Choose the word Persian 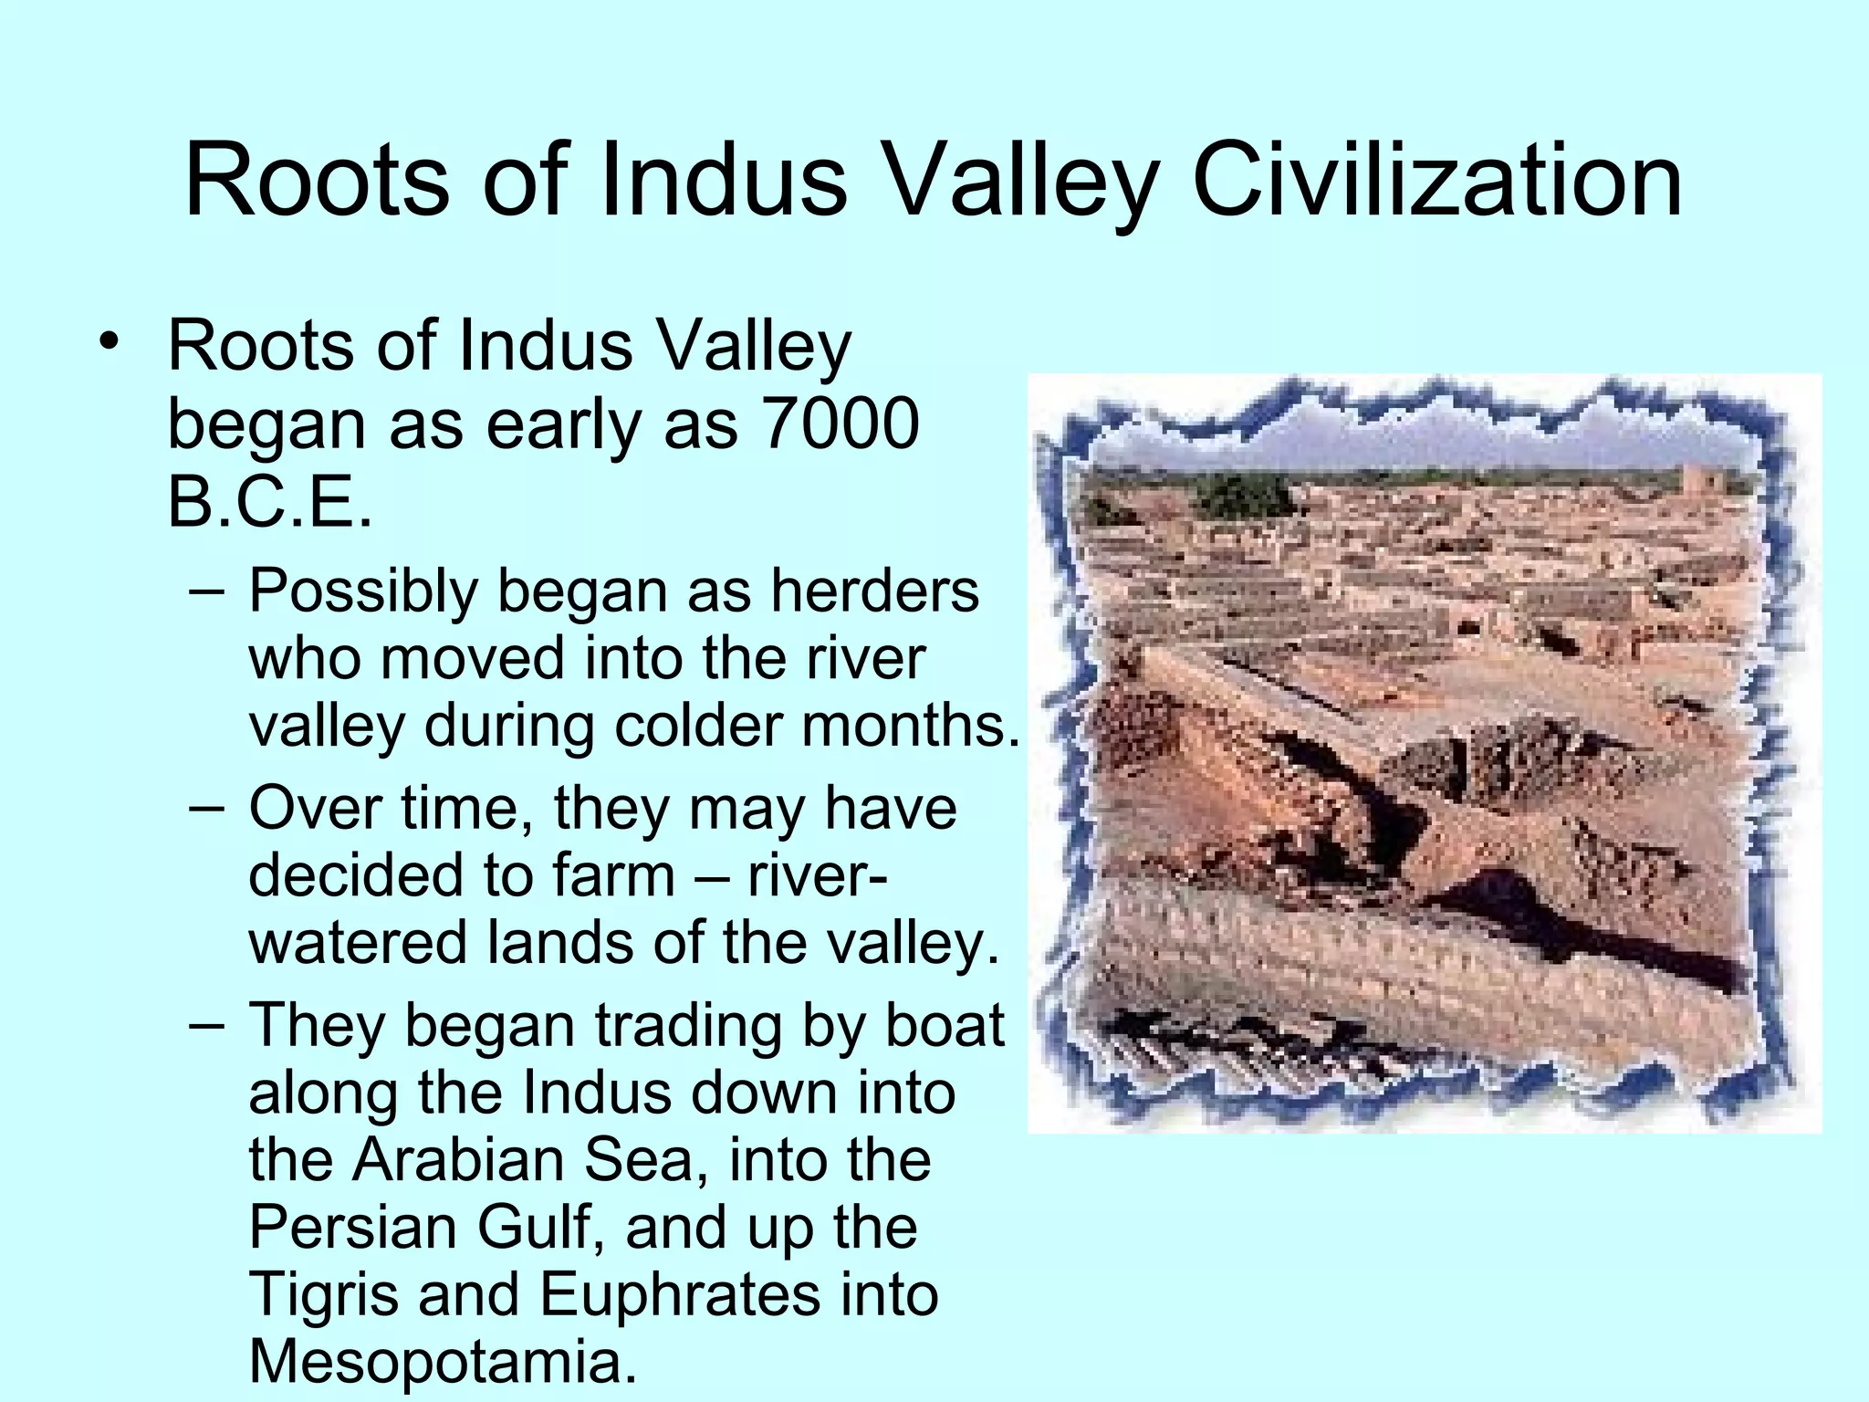click(354, 1227)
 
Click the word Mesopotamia click(442, 1361)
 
